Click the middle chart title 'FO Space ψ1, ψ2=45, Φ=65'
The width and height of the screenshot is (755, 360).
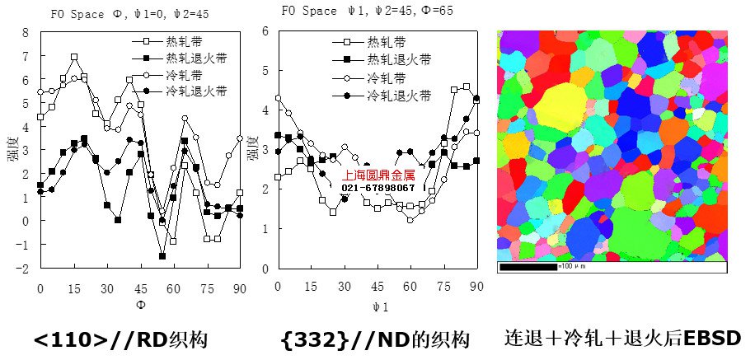[x=366, y=12]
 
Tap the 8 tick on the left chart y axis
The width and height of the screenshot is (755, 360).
[x=26, y=33]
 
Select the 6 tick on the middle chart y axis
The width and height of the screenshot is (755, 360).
[x=265, y=31]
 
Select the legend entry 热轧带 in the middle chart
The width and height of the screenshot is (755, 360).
[x=386, y=42]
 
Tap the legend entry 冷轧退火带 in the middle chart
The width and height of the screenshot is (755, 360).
[x=398, y=96]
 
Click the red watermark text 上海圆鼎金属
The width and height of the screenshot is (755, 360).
[x=379, y=175]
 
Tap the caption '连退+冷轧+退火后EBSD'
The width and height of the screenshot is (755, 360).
[x=623, y=338]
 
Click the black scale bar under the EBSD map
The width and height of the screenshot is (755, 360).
[x=528, y=267]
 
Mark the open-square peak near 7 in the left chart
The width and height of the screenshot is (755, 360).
[x=74, y=58]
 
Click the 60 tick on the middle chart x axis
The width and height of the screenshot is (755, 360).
[x=410, y=286]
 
